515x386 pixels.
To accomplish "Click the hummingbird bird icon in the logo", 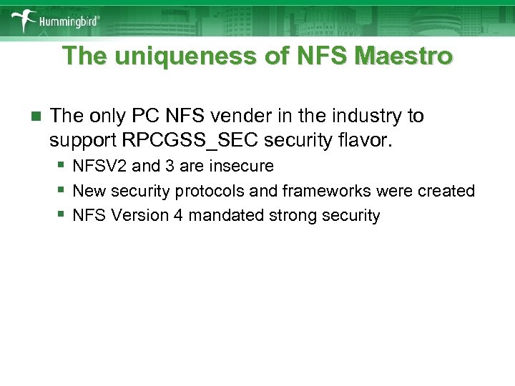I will click(26, 19).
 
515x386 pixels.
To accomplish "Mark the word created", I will click(448, 191).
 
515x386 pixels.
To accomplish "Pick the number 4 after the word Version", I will click(177, 215).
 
